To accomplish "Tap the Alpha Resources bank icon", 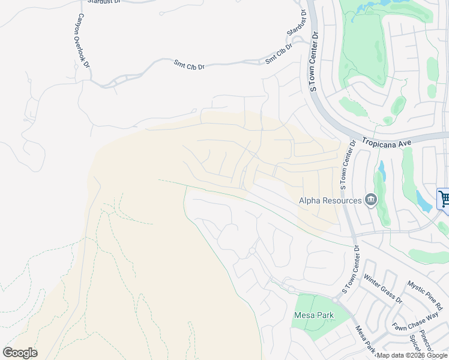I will click(370, 200).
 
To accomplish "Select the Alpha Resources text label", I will click(330, 201).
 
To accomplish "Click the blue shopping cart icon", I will click(444, 199).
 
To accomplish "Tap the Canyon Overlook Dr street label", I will click(82, 41).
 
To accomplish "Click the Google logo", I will click(20, 353).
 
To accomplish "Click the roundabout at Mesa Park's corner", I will click(291, 289).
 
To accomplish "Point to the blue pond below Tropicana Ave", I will click(381, 170).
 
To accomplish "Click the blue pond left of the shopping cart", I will click(423, 201).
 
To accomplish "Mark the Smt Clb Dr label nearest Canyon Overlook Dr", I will click(189, 64).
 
